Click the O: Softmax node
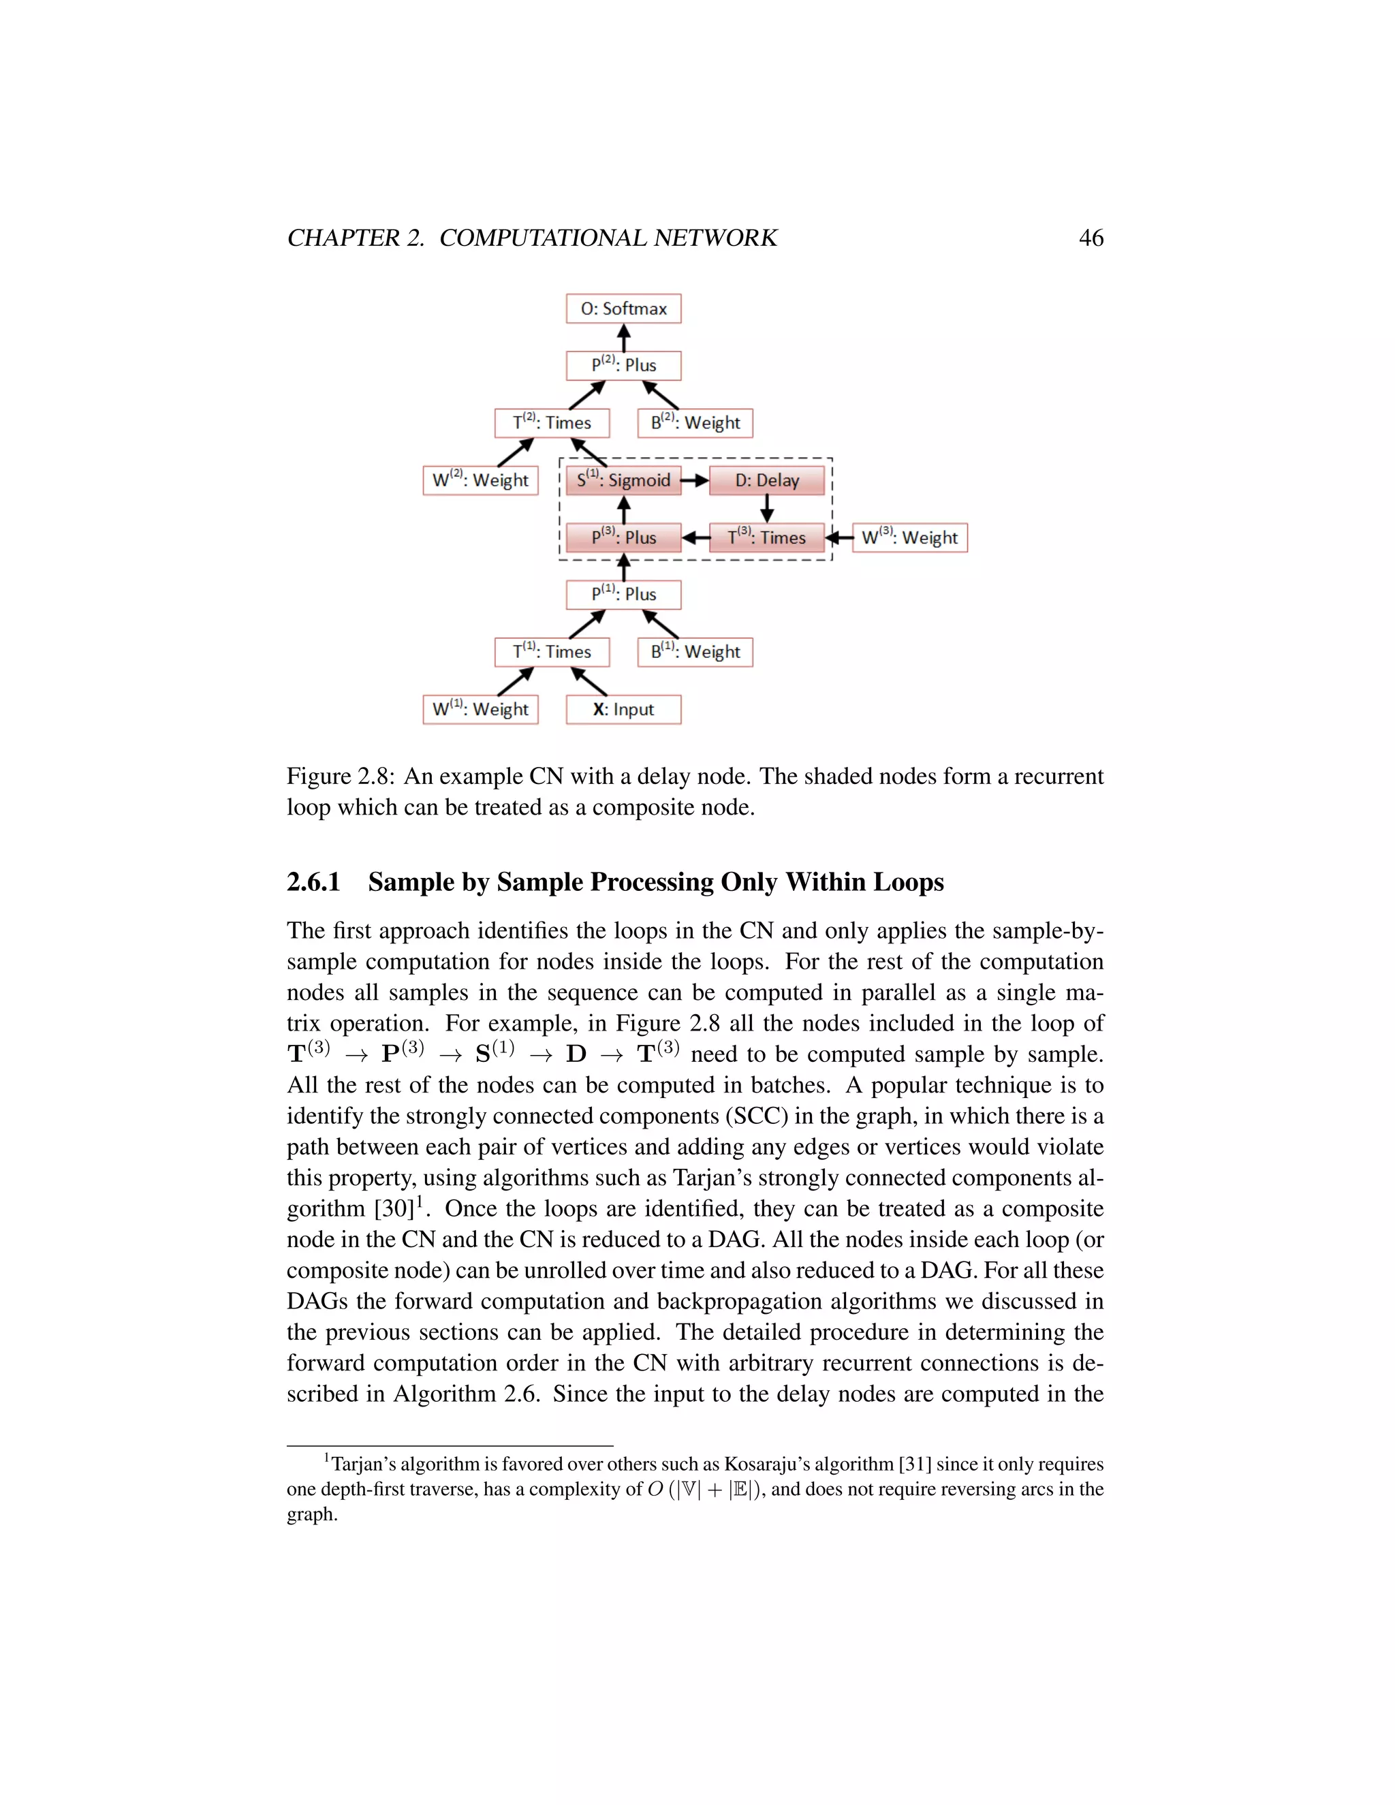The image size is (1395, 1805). [623, 309]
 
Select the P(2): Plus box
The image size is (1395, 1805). [623, 365]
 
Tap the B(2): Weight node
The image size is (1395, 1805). [695, 422]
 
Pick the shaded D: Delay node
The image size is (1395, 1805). [767, 480]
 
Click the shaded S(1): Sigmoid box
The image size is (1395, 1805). [623, 480]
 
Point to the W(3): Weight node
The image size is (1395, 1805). [909, 537]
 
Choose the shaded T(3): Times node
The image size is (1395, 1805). [767, 537]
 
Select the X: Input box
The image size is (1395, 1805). [623, 709]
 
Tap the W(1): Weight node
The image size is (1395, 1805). [480, 709]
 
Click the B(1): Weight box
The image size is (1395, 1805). [695, 651]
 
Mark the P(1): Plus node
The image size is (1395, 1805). [623, 594]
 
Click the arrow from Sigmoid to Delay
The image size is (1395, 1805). [695, 480]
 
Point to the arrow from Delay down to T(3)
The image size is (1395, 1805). [767, 508]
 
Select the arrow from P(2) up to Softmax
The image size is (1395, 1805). [624, 337]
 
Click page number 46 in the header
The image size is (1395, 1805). [1091, 238]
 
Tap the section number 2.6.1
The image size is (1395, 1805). [313, 882]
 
